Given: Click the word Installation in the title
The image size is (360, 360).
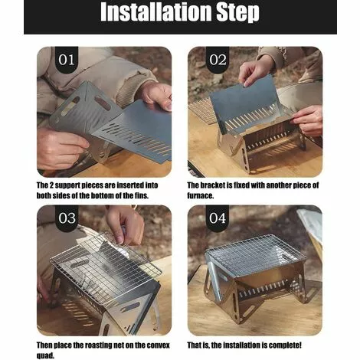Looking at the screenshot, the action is tap(156, 11).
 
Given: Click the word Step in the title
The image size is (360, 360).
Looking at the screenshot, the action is tap(238, 13).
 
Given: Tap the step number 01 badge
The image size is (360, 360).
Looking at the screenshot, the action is tap(67, 60).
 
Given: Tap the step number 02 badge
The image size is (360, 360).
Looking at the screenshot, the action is tap(218, 60).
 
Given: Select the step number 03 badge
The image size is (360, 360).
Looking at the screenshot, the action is tap(67, 218).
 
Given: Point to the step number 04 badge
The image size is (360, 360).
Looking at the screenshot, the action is tap(218, 218).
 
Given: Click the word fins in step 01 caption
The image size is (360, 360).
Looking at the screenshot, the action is tap(142, 195).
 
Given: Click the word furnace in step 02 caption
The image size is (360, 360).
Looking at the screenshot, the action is tap(200, 195).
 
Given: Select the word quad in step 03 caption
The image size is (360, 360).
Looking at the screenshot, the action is tap(45, 355).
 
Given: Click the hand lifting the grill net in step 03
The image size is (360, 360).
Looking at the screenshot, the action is tap(126, 224).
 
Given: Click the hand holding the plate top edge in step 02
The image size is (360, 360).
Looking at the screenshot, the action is tap(256, 70).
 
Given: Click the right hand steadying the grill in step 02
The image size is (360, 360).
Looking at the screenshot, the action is tap(309, 119).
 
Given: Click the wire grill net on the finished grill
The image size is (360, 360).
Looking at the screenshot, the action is tap(256, 255).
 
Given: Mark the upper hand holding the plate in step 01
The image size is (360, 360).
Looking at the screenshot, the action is tap(156, 96).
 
